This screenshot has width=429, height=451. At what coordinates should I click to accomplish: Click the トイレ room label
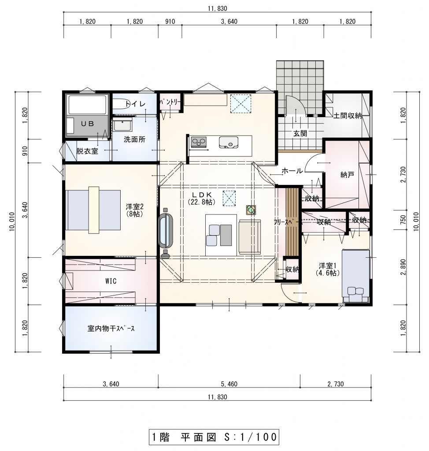[x=135, y=104]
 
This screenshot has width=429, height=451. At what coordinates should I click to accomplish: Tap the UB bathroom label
[x=87, y=124]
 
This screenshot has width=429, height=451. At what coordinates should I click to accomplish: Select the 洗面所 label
[x=135, y=140]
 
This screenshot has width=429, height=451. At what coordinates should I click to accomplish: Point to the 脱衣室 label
[x=87, y=151]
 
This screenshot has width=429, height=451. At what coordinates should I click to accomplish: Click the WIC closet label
[x=111, y=281]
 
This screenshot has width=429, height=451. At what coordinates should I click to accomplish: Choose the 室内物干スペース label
[x=111, y=328]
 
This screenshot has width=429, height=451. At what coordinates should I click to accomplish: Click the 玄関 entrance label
[x=300, y=133]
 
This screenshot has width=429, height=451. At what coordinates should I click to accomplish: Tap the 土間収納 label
[x=347, y=116]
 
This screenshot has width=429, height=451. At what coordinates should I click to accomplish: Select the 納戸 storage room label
[x=347, y=174]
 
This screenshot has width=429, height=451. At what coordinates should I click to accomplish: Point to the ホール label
[x=292, y=171]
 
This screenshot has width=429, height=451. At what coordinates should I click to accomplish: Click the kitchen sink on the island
[x=229, y=142]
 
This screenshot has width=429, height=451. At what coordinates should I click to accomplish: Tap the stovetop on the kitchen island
[x=199, y=142]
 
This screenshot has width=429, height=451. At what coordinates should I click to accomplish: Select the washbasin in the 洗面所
[x=122, y=126]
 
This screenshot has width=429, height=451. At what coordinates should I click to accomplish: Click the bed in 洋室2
[x=93, y=210]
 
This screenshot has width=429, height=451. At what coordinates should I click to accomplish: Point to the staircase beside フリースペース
[x=292, y=222]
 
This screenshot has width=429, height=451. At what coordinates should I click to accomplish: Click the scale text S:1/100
[x=250, y=437]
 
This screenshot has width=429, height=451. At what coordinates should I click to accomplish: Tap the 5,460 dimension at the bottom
[x=229, y=384]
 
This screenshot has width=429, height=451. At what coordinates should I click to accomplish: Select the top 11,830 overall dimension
[x=218, y=8]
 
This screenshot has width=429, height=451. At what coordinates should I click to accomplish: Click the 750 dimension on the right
[x=403, y=220]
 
